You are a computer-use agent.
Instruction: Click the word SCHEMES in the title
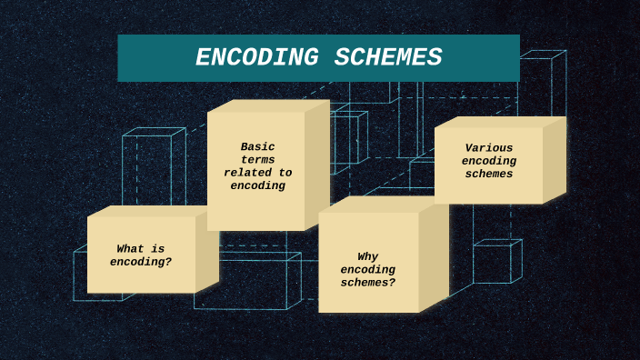388,58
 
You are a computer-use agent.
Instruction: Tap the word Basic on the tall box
257,146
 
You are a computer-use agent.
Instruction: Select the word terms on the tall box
257,159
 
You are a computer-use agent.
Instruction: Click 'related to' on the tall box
257,173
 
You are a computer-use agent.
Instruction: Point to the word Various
489,147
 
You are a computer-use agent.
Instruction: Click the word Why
368,256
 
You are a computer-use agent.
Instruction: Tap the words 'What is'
141,248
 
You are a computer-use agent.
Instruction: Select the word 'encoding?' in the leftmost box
141,262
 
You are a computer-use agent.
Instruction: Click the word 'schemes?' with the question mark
368,283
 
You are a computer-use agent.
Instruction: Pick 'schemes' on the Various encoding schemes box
489,174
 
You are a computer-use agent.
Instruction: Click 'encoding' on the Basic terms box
257,185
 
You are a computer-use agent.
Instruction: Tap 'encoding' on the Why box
368,269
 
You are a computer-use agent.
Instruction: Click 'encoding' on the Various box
489,161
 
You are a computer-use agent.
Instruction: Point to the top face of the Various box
500,122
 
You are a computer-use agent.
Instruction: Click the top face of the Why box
382,205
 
